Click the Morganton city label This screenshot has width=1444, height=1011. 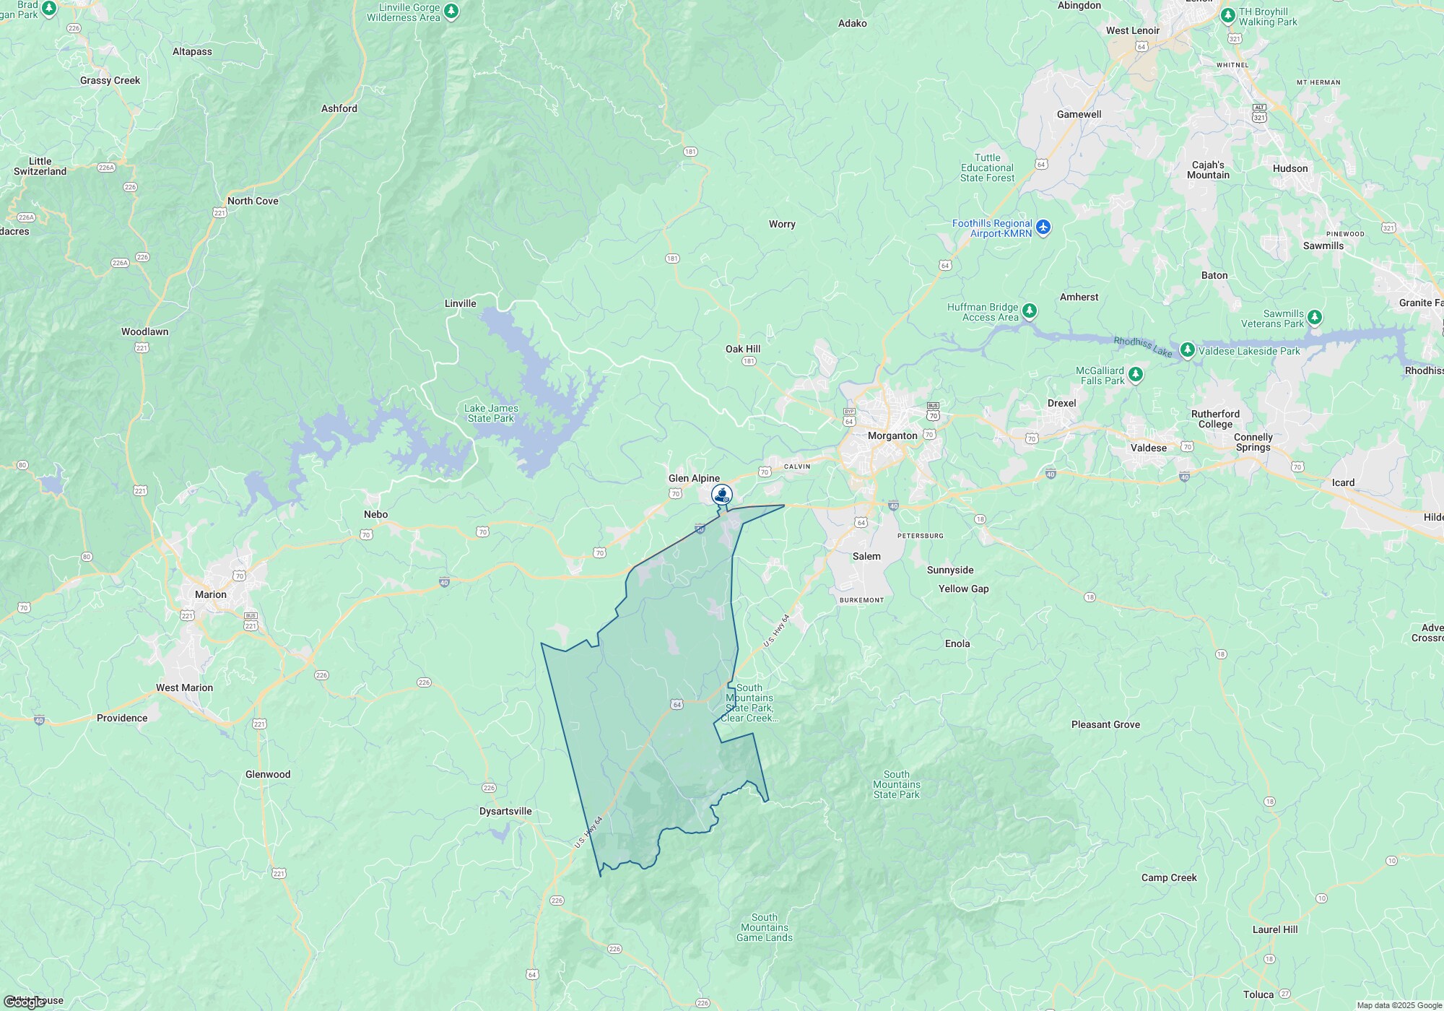tap(892, 436)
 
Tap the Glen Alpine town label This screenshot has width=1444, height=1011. tap(694, 479)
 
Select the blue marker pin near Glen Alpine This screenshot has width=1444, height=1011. tap(722, 495)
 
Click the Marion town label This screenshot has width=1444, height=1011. tap(211, 595)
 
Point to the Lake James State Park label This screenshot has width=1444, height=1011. tap(491, 413)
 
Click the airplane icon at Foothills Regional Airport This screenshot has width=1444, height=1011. tap(1043, 228)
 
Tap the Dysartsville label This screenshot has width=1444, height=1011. tap(505, 812)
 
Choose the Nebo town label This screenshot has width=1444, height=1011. tap(375, 515)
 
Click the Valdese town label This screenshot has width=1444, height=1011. tap(1148, 448)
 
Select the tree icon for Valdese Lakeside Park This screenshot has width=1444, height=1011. tap(1187, 350)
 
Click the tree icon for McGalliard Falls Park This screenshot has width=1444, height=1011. tap(1136, 374)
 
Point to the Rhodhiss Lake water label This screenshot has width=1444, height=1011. tap(1143, 347)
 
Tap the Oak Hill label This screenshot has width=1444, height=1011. tap(743, 350)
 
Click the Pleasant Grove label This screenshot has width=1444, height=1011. tap(1105, 725)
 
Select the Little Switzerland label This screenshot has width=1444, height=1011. tap(40, 167)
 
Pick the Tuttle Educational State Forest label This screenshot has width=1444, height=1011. tap(987, 168)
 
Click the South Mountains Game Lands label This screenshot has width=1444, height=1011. tap(765, 928)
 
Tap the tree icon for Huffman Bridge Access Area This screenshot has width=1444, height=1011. tap(1030, 311)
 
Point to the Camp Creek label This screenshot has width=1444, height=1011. tap(1169, 878)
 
